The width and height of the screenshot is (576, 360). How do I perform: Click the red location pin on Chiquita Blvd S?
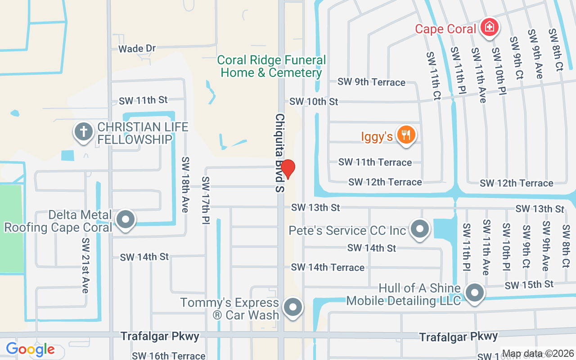(x=288, y=169)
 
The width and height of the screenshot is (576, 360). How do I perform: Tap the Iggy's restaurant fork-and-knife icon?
(x=406, y=135)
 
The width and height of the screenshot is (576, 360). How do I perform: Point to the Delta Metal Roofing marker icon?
(x=126, y=220)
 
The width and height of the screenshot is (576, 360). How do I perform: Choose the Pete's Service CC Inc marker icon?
(x=420, y=229)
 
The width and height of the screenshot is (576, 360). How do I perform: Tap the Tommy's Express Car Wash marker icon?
(x=293, y=308)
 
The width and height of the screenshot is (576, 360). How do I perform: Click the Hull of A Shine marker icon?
(x=474, y=293)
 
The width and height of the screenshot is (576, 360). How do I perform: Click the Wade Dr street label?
(x=137, y=49)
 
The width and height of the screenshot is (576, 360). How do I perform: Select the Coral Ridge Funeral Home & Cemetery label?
(x=271, y=67)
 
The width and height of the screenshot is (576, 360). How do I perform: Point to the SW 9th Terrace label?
(x=371, y=82)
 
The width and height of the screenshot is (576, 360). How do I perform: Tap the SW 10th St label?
(x=314, y=102)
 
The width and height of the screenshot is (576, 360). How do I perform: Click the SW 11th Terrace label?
(x=375, y=162)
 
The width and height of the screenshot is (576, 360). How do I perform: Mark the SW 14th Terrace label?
(x=328, y=267)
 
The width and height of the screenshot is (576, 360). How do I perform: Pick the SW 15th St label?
(x=529, y=285)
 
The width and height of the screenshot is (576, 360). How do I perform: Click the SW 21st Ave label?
(x=85, y=265)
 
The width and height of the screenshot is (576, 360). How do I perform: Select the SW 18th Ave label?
(x=186, y=184)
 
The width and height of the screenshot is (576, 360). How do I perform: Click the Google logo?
(x=30, y=349)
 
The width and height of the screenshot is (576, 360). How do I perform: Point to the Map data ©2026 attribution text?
(x=538, y=354)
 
